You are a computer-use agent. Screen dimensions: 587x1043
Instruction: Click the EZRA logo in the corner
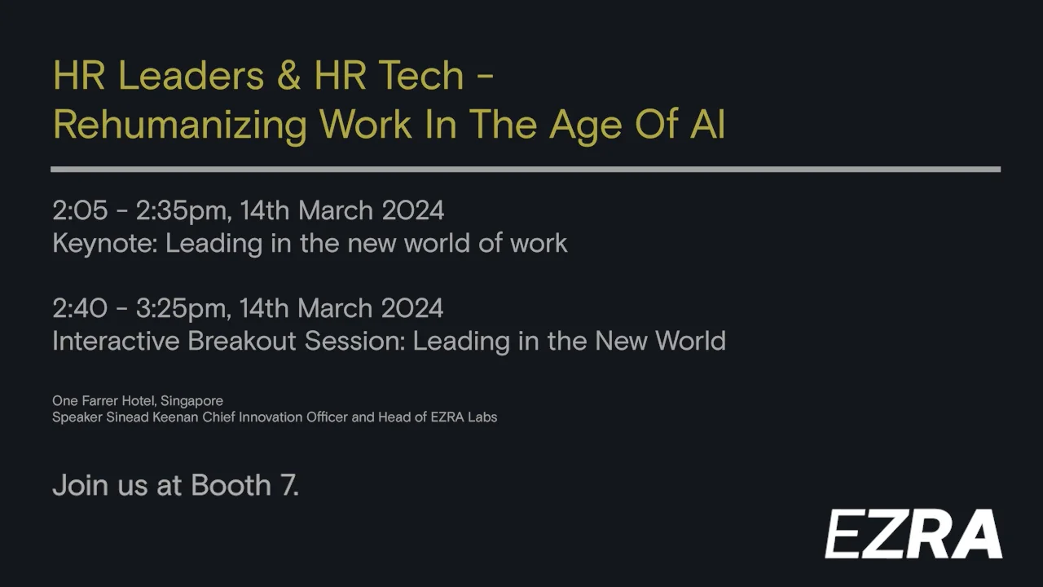click(913, 534)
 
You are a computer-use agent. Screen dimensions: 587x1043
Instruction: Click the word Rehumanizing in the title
click(180, 126)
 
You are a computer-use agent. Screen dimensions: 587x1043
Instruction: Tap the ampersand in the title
click(289, 76)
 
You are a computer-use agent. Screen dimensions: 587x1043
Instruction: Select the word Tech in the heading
click(420, 76)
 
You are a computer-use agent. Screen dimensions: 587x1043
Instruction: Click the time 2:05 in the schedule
click(80, 210)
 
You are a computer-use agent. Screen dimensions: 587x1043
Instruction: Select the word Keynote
click(104, 243)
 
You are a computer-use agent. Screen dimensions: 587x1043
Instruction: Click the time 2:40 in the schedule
click(80, 308)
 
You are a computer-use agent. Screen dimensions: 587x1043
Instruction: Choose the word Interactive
click(116, 341)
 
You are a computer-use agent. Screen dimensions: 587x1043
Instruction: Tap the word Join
click(79, 485)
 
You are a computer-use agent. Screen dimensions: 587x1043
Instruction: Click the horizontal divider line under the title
click(526, 170)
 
